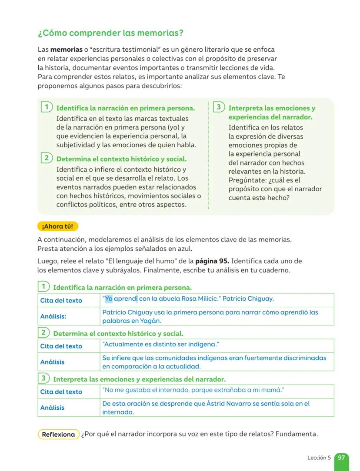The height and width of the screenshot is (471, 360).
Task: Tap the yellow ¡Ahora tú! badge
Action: click(x=58, y=226)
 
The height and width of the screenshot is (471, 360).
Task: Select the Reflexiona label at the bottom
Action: click(x=59, y=434)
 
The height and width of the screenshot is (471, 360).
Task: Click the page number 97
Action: click(x=341, y=458)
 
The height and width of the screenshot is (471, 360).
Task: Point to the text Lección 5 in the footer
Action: click(x=319, y=458)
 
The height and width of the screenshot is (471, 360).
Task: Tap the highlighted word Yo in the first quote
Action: click(x=109, y=299)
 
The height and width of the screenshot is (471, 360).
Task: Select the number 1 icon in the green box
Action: click(x=46, y=107)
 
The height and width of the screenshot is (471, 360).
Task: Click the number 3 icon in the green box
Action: click(x=219, y=107)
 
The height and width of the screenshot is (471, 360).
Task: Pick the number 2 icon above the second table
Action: click(x=43, y=333)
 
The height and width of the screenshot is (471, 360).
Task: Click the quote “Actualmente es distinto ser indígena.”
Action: click(x=160, y=345)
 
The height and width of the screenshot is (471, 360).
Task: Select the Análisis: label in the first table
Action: click(x=53, y=316)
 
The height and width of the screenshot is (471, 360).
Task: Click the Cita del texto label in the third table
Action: click(x=61, y=391)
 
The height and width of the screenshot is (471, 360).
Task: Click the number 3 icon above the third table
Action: click(x=43, y=378)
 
